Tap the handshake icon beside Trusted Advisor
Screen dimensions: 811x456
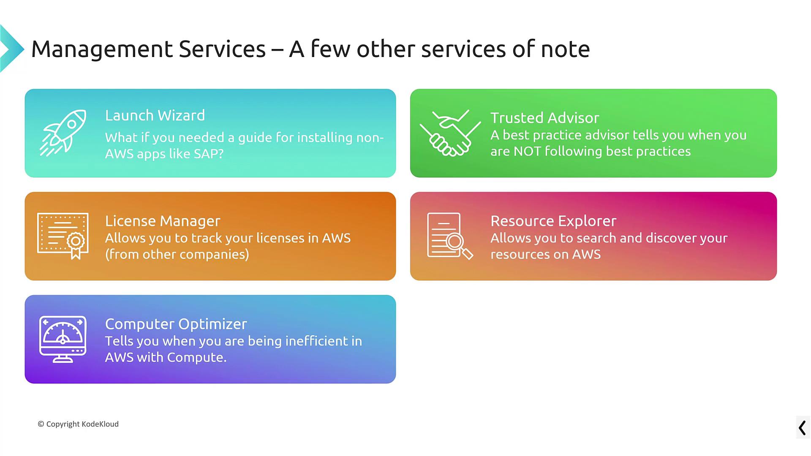pyautogui.click(x=450, y=133)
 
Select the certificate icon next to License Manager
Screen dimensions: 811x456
pyautogui.click(x=63, y=236)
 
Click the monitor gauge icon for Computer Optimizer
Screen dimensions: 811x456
pyautogui.click(x=63, y=339)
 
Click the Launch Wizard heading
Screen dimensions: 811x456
pyautogui.click(x=155, y=115)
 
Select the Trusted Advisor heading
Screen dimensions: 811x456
pyautogui.click(x=545, y=118)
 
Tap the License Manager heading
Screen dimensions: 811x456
pyautogui.click(x=163, y=221)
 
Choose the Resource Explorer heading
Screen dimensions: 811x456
pyautogui.click(x=553, y=221)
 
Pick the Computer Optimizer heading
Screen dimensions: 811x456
pyautogui.click(x=176, y=324)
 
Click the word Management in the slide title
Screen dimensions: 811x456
pyautogui.click(x=102, y=49)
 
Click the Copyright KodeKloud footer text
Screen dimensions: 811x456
pyautogui.click(x=78, y=424)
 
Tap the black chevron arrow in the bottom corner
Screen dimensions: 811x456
pyautogui.click(x=803, y=428)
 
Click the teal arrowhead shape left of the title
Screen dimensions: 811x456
pyautogui.click(x=11, y=49)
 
